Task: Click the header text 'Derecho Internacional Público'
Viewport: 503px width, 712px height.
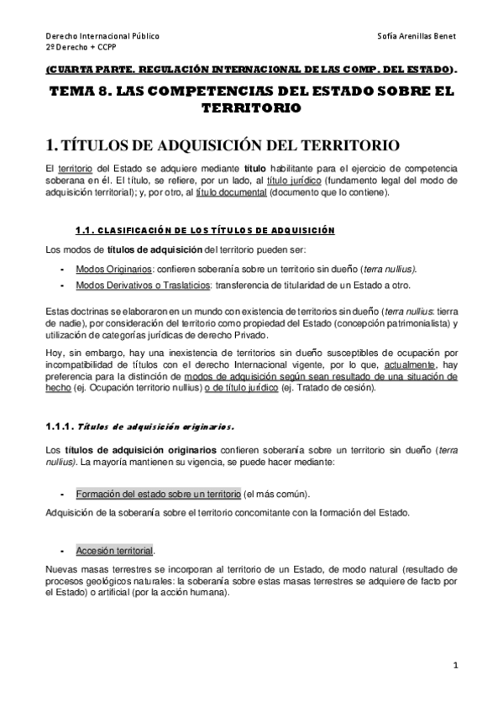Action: click(x=102, y=38)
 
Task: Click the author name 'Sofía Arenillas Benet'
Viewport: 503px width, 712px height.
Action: click(x=418, y=38)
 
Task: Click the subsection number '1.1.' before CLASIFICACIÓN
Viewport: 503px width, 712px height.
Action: click(x=88, y=230)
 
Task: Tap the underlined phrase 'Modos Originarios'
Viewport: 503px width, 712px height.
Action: click(x=111, y=269)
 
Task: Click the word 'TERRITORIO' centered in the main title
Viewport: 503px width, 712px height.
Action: click(x=251, y=108)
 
